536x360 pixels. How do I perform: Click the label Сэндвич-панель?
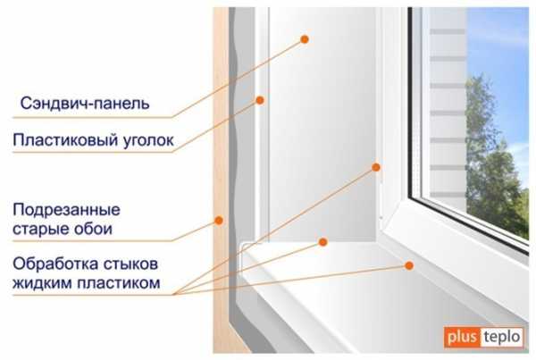coord(85,104)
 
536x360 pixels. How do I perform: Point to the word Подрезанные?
coord(66,210)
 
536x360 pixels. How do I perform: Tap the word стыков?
coord(130,264)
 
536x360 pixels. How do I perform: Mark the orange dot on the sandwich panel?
coord(305,39)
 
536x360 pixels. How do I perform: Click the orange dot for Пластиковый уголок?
coord(260,100)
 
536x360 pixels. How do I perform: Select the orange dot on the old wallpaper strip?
coord(219,221)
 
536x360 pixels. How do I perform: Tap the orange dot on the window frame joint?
coord(376,167)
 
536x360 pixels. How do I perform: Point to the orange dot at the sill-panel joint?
coord(322,242)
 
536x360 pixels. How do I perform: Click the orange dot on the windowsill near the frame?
coord(409,265)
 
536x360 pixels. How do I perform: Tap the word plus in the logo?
coord(462,337)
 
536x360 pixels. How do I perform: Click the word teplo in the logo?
coord(502,337)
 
